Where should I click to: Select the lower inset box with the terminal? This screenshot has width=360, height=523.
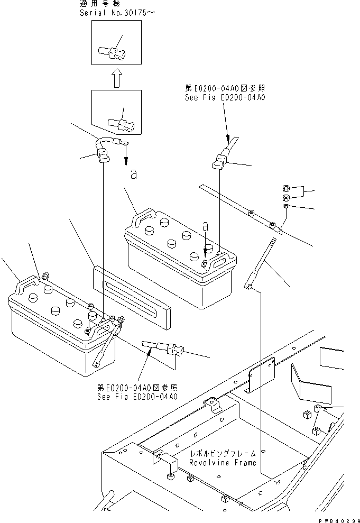click(116, 112)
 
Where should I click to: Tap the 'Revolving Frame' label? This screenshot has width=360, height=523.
click(223, 463)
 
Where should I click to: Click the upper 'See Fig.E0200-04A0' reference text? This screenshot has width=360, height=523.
click(225, 98)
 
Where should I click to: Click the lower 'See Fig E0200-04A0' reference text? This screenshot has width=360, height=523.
click(137, 397)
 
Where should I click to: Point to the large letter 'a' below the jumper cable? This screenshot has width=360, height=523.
click(134, 175)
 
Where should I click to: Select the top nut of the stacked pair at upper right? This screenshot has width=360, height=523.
click(285, 188)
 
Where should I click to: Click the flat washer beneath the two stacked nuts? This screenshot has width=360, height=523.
click(285, 206)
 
